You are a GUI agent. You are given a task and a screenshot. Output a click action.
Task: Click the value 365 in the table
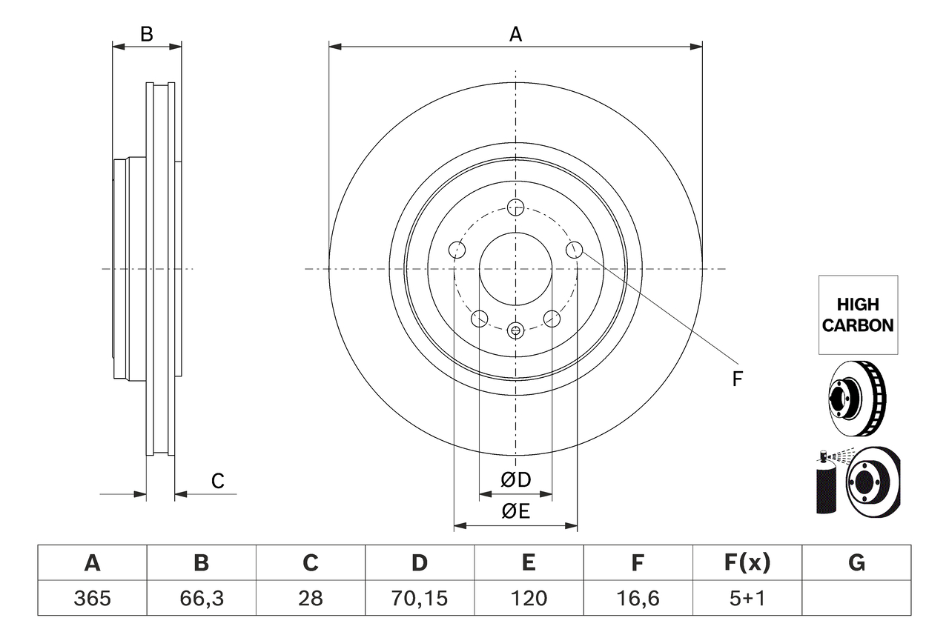[93, 598]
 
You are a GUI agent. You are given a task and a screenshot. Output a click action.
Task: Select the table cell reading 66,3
[202, 598]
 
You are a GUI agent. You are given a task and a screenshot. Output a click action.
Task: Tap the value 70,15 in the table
[420, 598]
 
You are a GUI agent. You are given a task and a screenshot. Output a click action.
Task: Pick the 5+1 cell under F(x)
[747, 598]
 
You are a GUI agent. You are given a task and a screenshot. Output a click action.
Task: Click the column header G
[856, 563]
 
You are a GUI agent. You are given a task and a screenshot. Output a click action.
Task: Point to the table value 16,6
[638, 598]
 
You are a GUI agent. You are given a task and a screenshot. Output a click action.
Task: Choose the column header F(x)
[747, 563]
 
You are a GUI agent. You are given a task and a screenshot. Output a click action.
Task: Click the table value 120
[529, 598]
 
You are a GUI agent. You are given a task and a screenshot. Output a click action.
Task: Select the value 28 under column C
[311, 598]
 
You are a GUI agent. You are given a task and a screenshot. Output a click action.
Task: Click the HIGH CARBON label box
[858, 315]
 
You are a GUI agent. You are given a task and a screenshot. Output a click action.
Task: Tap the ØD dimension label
[516, 480]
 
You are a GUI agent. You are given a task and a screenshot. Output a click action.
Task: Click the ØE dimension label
[516, 511]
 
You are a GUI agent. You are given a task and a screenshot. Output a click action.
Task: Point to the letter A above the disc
[515, 34]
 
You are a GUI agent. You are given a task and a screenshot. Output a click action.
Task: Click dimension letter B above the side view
[147, 34]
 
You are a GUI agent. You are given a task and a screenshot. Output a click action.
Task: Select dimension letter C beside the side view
[217, 482]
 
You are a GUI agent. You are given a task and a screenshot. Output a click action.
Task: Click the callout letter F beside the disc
[737, 379]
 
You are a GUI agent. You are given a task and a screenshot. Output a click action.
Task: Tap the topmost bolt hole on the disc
[515, 207]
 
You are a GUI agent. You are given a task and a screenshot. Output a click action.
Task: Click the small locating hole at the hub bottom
[516, 330]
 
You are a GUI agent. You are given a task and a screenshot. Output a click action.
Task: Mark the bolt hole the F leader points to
[574, 250]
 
